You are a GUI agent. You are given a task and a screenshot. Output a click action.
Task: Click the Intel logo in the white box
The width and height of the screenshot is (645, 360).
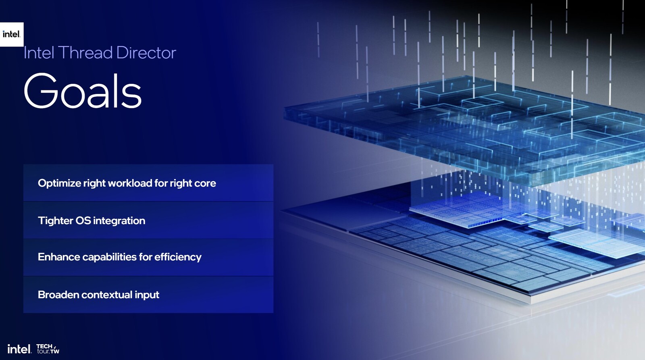click(11, 34)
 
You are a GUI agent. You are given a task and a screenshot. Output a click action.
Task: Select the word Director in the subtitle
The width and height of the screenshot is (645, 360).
click(146, 53)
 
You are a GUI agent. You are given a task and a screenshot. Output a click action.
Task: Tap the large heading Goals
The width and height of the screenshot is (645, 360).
click(83, 91)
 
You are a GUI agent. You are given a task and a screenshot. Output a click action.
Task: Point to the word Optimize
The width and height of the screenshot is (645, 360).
click(59, 183)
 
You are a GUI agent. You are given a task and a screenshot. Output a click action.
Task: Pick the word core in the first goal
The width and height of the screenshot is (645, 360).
click(205, 183)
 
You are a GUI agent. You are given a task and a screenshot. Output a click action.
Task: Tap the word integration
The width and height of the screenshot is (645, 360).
click(119, 221)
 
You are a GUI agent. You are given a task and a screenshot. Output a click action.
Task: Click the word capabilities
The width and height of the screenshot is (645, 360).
click(109, 257)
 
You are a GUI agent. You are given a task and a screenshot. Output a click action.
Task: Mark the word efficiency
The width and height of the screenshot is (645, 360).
click(178, 257)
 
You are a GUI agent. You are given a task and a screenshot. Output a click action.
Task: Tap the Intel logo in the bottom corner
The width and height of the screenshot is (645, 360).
click(19, 349)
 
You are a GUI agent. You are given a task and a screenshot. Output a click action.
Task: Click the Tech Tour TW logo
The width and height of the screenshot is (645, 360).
click(48, 349)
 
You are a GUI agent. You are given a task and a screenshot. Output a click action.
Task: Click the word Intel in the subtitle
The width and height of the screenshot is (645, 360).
click(39, 53)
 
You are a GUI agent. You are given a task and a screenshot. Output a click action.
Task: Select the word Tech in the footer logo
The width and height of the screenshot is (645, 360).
click(44, 346)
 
